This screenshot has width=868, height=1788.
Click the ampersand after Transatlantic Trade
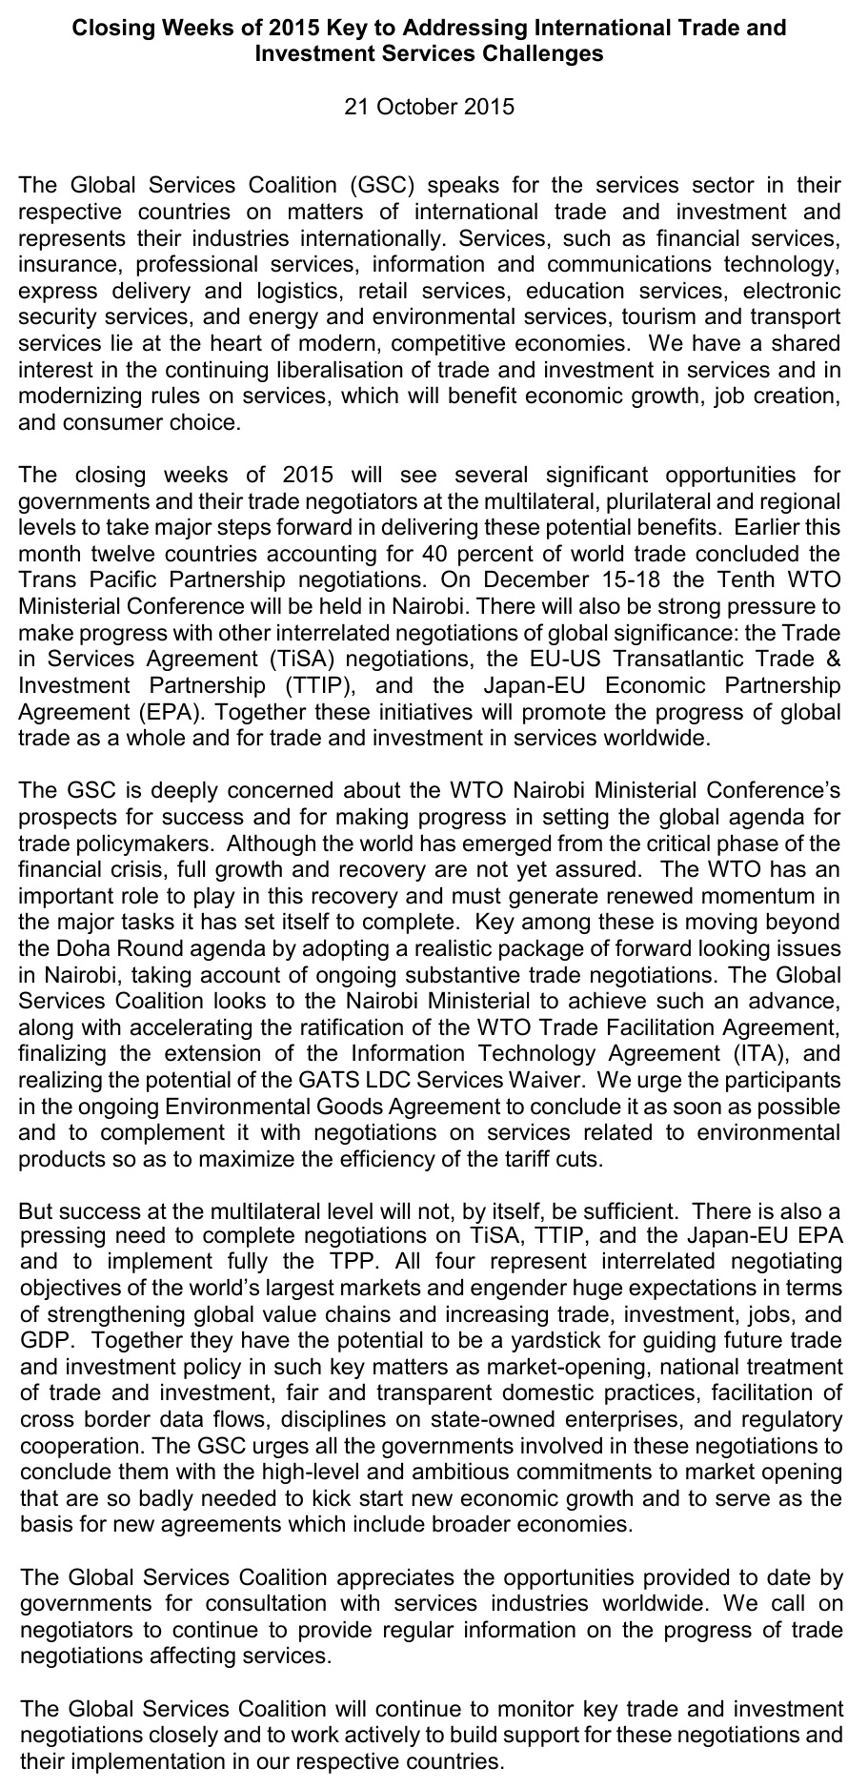(833, 659)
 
